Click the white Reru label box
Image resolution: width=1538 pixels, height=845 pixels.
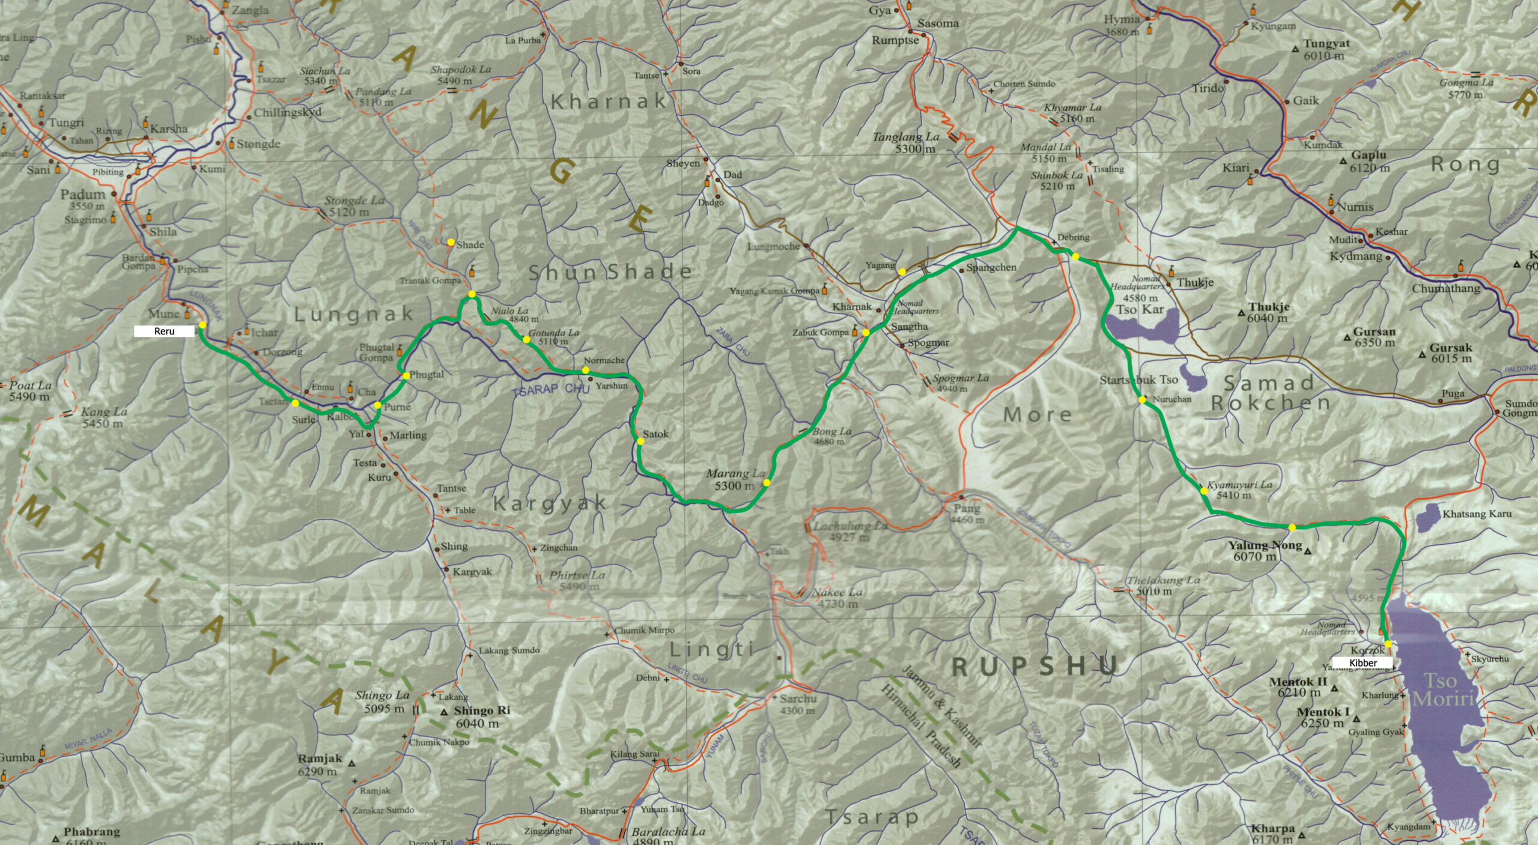pyautogui.click(x=164, y=331)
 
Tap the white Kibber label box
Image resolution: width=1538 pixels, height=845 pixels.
pyautogui.click(x=1363, y=663)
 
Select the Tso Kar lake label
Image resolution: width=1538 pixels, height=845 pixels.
pyautogui.click(x=1140, y=310)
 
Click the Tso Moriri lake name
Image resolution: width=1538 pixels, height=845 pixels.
pyautogui.click(x=1442, y=690)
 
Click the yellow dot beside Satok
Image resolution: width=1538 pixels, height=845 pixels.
pyautogui.click(x=640, y=441)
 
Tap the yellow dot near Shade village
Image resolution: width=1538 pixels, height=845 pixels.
pyautogui.click(x=451, y=242)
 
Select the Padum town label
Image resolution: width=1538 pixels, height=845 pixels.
pyautogui.click(x=83, y=195)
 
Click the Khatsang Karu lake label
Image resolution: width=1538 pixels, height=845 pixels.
pyautogui.click(x=1477, y=513)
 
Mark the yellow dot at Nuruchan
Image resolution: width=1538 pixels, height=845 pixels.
pyautogui.click(x=1141, y=399)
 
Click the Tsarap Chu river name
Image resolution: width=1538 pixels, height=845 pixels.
pyautogui.click(x=551, y=389)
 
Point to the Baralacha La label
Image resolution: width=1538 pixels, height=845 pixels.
pyautogui.click(x=668, y=832)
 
